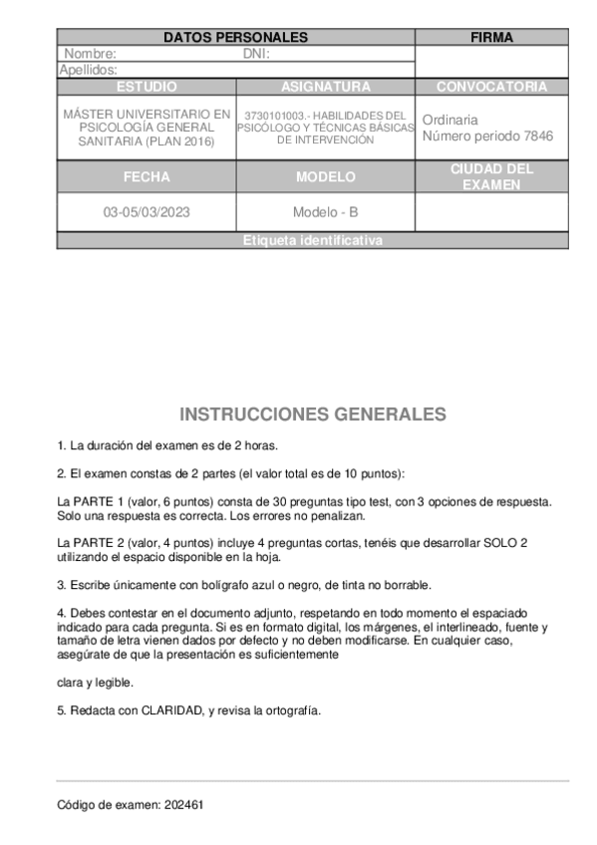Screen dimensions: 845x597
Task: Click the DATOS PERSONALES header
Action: tap(235, 38)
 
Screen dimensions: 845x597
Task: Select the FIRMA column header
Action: tap(491, 38)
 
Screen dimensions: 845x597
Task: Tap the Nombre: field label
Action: tap(91, 54)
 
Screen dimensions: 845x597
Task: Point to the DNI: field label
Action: tap(256, 54)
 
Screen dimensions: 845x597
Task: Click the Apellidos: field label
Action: tap(88, 70)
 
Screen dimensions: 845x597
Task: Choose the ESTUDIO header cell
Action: tap(146, 87)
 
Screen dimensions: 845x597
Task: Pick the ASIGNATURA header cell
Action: tap(325, 87)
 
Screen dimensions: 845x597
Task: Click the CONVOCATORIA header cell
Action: tap(491, 87)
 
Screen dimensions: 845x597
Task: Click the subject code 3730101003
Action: tap(273, 116)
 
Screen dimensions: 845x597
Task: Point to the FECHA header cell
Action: tap(146, 177)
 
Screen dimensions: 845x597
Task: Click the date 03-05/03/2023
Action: tap(146, 212)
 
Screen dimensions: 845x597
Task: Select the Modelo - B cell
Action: tap(325, 212)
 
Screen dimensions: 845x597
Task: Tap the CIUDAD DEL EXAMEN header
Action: tap(491, 177)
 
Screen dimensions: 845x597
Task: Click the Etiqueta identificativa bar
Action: tap(312, 241)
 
